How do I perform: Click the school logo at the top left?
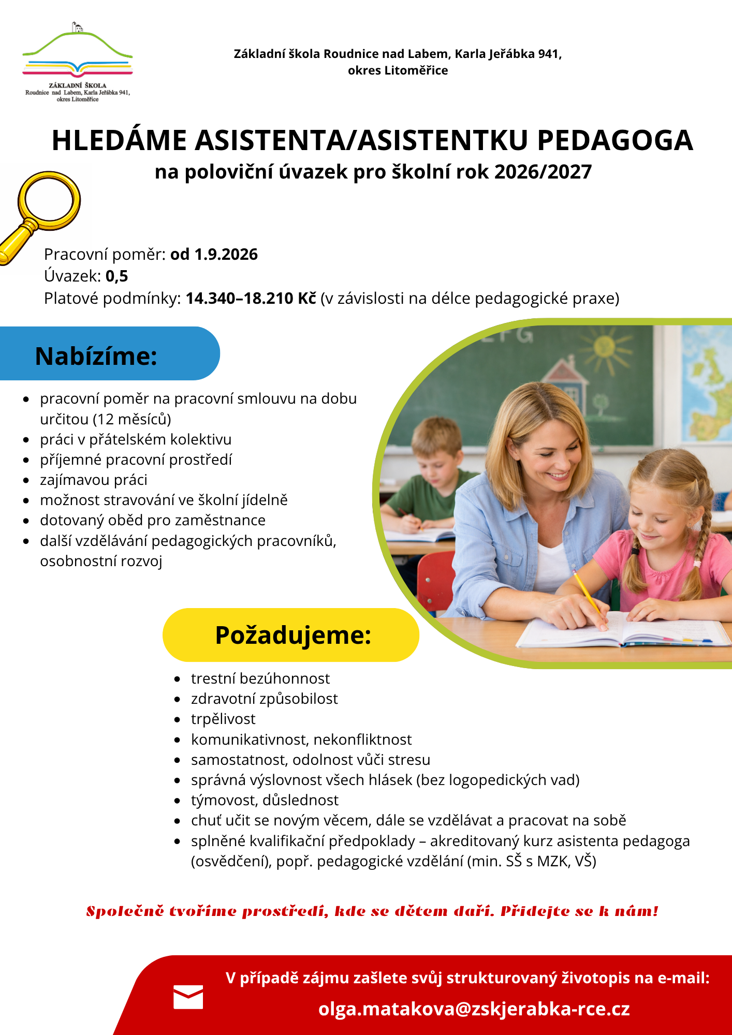[x=78, y=62]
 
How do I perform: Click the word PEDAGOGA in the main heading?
[x=614, y=140]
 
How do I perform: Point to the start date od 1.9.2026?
[x=214, y=254]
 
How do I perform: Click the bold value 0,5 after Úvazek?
[x=116, y=276]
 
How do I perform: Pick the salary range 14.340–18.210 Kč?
[x=251, y=299]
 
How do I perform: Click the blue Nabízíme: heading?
[x=96, y=356]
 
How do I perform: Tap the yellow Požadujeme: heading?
[x=293, y=635]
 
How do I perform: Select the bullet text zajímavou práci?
[x=94, y=480]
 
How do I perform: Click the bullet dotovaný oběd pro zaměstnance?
[x=153, y=520]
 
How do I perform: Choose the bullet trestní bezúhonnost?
[x=260, y=678]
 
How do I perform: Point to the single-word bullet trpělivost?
[x=223, y=719]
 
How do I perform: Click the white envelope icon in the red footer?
[x=188, y=997]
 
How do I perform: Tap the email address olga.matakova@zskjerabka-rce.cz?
[x=474, y=1009]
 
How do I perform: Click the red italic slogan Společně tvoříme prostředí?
[x=372, y=911]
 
